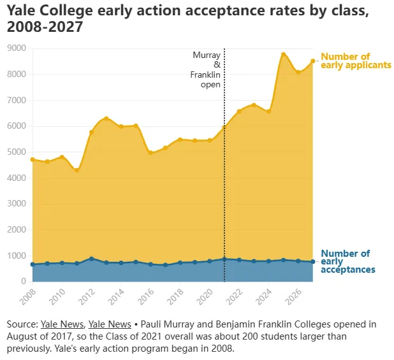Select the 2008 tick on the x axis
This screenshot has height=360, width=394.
(27, 296)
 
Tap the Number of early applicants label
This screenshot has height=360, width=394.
(355, 61)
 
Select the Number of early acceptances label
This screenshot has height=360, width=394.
(348, 261)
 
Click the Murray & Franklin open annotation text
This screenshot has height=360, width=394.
(207, 69)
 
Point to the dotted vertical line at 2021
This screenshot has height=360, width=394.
(224, 191)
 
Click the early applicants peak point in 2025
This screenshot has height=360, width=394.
(283, 54)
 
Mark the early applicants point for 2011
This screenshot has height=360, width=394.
(77, 170)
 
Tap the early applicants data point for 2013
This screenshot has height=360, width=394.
(106, 118)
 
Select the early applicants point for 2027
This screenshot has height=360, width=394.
(312, 61)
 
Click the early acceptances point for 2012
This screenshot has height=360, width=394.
(92, 259)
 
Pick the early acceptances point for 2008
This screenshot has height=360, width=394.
(33, 264)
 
